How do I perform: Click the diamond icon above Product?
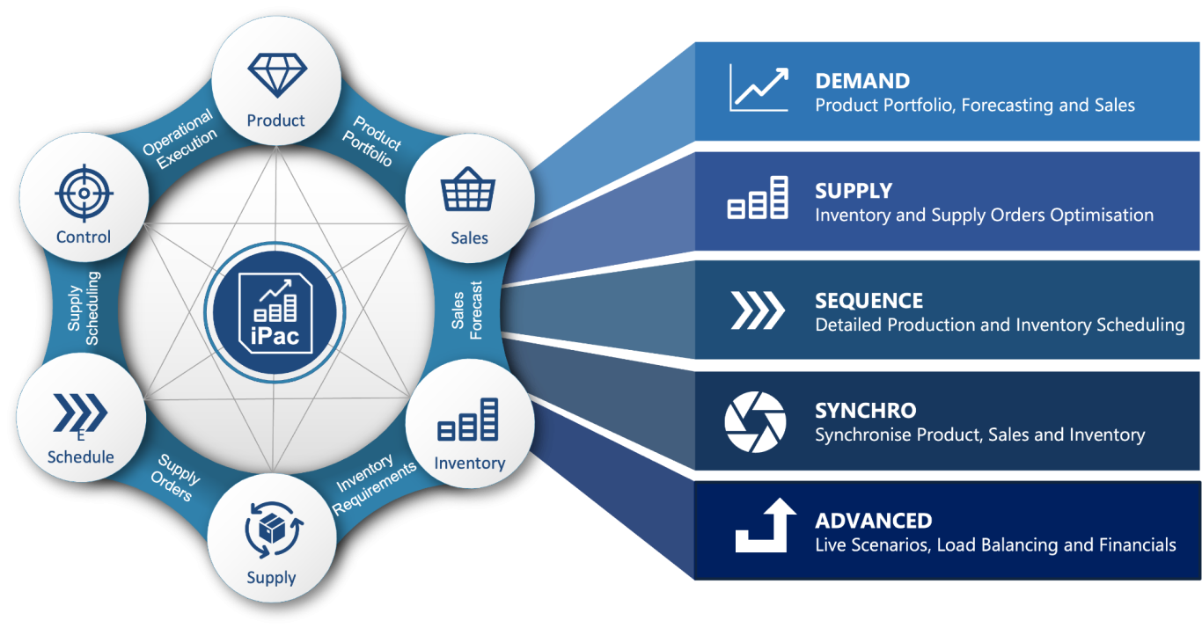point(277,75)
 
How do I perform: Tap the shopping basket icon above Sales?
point(468,190)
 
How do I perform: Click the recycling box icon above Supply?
point(272,529)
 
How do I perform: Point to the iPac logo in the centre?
point(274,312)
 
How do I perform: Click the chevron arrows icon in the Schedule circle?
point(80,412)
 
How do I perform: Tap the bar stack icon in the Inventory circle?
point(468,420)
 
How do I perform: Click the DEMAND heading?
point(862,81)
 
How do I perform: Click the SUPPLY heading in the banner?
point(854,191)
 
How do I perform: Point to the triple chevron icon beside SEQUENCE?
point(757,309)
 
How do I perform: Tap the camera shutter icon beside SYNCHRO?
point(755,422)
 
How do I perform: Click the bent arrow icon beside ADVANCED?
point(764,525)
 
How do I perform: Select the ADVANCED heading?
point(873,521)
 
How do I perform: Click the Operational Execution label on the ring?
point(180,133)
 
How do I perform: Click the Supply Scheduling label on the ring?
point(84,308)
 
